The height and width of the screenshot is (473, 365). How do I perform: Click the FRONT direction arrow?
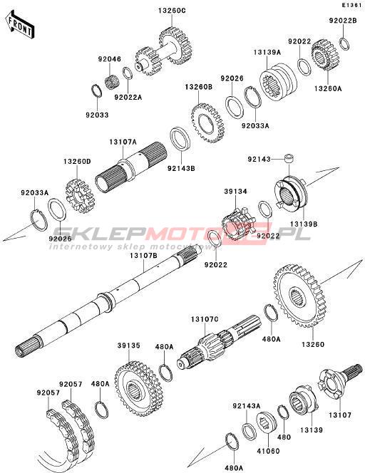pyautogui.click(x=20, y=26)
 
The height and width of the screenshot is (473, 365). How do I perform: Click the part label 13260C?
pyautogui.click(x=172, y=11)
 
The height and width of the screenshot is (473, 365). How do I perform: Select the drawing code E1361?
pyautogui.click(x=351, y=5)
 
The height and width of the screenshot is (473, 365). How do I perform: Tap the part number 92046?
pyautogui.click(x=109, y=59)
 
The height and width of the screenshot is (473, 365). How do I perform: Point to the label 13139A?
pyautogui.click(x=267, y=52)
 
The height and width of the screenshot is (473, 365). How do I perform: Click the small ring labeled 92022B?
pyautogui.click(x=344, y=43)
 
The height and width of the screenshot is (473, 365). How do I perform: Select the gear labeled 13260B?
pyautogui.click(x=208, y=123)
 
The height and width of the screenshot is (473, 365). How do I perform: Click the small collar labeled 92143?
pyautogui.click(x=289, y=158)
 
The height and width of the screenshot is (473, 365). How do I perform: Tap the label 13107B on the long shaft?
pyautogui.click(x=144, y=255)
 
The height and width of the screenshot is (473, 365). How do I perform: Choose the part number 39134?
pyautogui.click(x=235, y=191)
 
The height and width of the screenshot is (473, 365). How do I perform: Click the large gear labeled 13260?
pyautogui.click(x=297, y=296)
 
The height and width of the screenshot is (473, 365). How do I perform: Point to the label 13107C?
pyautogui.click(x=205, y=319)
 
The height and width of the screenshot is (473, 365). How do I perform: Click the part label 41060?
pyautogui.click(x=268, y=451)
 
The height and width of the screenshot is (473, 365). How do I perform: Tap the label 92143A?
pyautogui.click(x=247, y=406)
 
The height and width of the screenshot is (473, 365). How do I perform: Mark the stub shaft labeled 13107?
pyautogui.click(x=339, y=381)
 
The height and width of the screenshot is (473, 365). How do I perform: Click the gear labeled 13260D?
pyautogui.click(x=80, y=197)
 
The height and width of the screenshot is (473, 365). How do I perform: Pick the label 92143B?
pyautogui.click(x=182, y=168)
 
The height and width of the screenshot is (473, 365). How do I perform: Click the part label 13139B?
pyautogui.click(x=304, y=224)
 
